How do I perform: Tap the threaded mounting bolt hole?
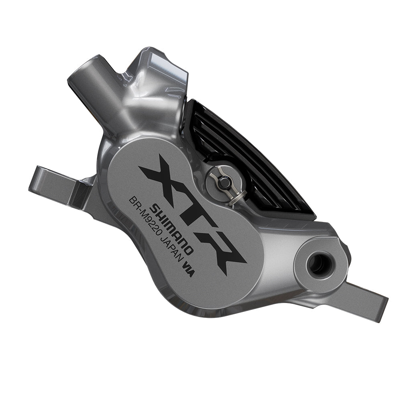320,265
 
